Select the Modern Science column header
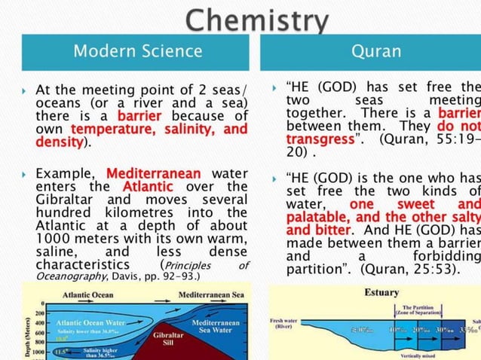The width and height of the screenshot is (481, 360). tap(138, 51)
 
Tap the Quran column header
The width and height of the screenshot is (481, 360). tap(375, 51)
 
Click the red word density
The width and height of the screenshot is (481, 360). tap(60, 142)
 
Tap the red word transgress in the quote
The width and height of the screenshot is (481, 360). tap(319, 139)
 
